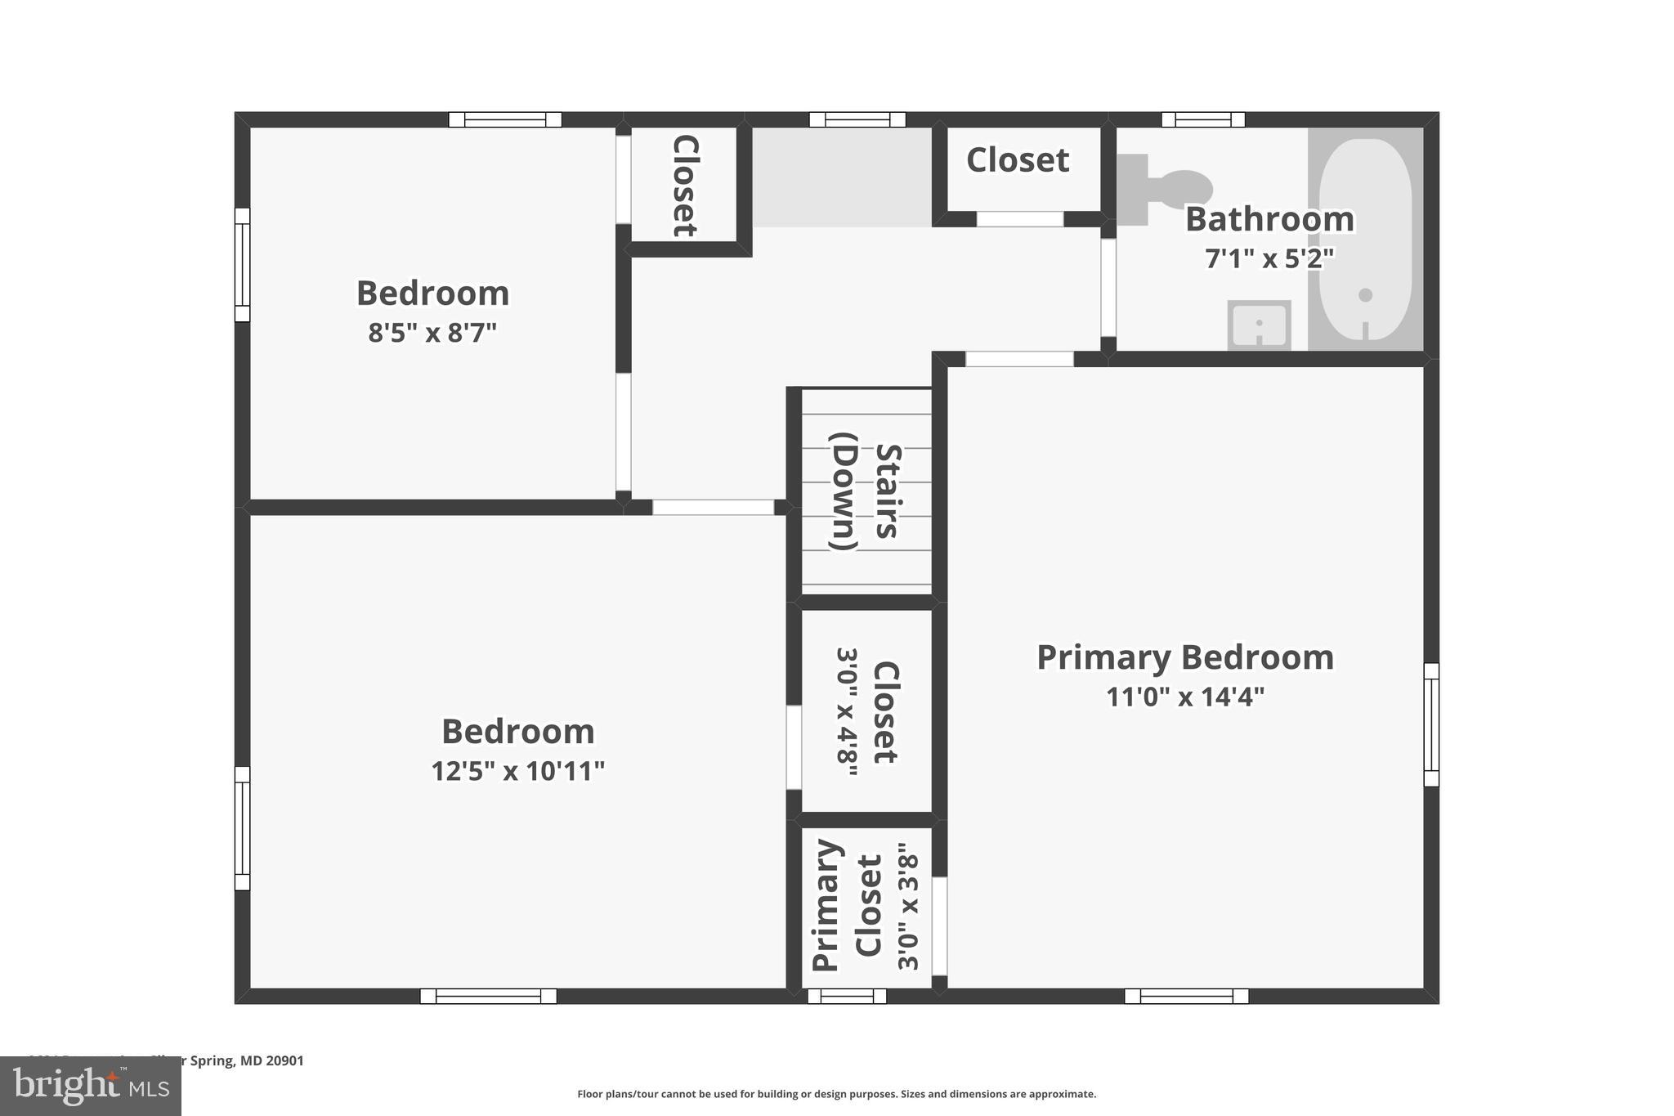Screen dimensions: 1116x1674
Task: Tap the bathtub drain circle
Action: click(1365, 295)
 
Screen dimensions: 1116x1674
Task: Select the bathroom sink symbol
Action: click(1259, 325)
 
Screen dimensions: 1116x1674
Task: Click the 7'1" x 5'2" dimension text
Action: click(1269, 258)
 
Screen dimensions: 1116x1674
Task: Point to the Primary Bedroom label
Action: click(1184, 657)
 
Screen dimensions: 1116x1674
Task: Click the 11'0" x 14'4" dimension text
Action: click(1184, 697)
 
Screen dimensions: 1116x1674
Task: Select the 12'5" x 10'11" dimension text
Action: click(517, 770)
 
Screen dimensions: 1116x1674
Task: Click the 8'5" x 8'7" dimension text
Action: click(432, 333)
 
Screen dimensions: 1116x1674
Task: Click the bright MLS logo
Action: click(91, 1086)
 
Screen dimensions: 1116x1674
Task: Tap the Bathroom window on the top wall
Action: click(1203, 119)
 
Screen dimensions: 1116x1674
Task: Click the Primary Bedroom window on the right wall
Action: click(1431, 724)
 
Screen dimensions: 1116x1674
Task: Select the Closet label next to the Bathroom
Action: click(1018, 160)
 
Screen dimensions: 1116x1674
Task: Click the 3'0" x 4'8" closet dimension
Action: click(848, 711)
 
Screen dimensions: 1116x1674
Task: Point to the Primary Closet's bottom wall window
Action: click(847, 996)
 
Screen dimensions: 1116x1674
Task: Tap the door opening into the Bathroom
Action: click(1108, 287)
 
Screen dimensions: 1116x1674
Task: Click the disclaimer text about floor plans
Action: click(836, 1094)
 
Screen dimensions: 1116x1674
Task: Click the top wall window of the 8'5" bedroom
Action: click(505, 119)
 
